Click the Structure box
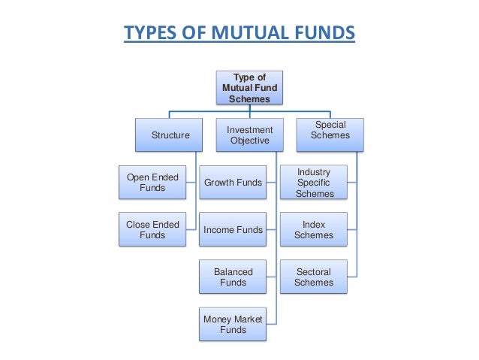click(x=170, y=135)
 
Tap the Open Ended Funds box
click(x=152, y=183)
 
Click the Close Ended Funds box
click(x=152, y=230)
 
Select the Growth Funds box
click(x=233, y=183)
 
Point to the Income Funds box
click(x=233, y=230)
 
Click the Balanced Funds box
click(x=233, y=277)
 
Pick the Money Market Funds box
click(x=233, y=324)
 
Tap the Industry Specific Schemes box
click(x=314, y=183)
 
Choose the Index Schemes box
click(x=314, y=230)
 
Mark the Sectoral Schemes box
click(x=314, y=277)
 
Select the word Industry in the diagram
click(x=314, y=172)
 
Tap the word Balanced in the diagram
click(x=233, y=272)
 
